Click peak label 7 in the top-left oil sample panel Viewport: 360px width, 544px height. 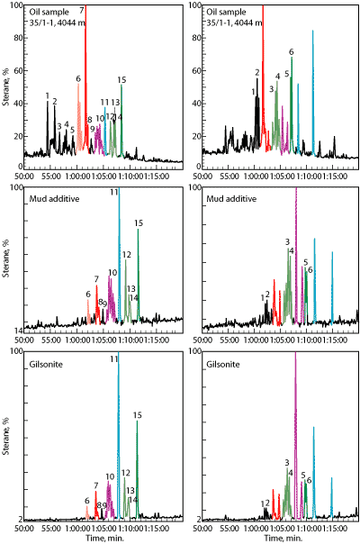pos(83,10)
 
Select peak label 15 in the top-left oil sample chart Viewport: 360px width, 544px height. pos(121,80)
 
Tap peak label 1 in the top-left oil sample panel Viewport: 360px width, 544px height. pos(47,95)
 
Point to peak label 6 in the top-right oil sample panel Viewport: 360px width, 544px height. pos(291,53)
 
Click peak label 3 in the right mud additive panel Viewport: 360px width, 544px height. pos(286,241)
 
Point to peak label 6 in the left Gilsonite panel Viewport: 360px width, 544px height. pos(87,501)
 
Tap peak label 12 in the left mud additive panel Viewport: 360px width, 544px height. pos(127,255)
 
